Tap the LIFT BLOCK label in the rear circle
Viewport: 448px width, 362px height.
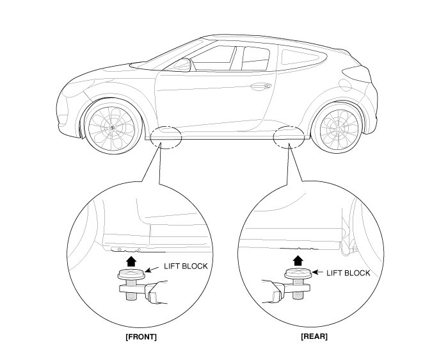pyautogui.click(x=349, y=273)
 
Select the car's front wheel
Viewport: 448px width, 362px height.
pyautogui.click(x=110, y=128)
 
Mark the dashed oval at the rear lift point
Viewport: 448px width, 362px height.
pyautogui.click(x=287, y=136)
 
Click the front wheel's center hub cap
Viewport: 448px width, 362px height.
pyautogui.click(x=110, y=128)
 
